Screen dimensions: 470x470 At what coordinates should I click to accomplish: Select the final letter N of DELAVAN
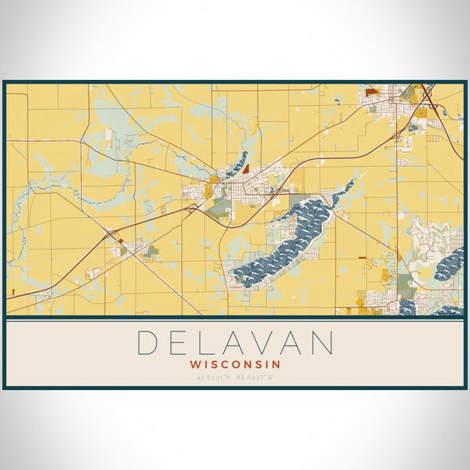(x=322, y=343)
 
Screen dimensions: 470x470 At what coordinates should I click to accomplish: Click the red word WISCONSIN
(x=235, y=364)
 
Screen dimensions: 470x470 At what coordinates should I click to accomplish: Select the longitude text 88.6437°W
(x=255, y=378)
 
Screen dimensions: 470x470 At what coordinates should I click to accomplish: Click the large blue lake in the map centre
(x=286, y=239)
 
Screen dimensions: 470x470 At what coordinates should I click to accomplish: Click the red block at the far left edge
(x=13, y=292)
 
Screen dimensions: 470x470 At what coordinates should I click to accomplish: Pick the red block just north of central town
(x=246, y=168)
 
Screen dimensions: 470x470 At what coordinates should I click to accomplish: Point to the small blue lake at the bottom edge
(x=407, y=308)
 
